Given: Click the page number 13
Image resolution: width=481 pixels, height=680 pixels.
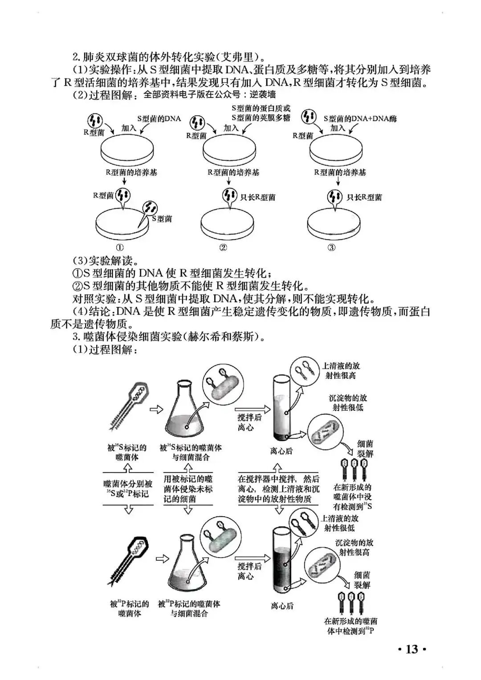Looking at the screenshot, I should (412, 649).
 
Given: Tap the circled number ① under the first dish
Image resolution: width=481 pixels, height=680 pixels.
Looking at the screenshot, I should (120, 247).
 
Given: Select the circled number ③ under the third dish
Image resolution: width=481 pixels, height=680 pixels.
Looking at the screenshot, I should (332, 247).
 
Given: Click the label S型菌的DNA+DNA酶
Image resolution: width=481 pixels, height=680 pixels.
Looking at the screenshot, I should (360, 119).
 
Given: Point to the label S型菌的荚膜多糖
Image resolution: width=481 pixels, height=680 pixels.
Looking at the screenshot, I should (261, 117).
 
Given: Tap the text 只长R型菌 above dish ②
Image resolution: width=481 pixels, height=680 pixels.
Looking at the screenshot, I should (257, 197).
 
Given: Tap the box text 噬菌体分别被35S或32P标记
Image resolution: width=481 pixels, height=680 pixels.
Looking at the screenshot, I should (128, 489).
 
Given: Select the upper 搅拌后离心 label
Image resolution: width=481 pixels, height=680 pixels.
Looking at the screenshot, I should (249, 422).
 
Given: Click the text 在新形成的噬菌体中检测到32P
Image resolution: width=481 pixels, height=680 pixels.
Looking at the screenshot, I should (351, 626).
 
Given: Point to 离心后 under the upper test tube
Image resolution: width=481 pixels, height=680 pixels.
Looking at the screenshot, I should (281, 451).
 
